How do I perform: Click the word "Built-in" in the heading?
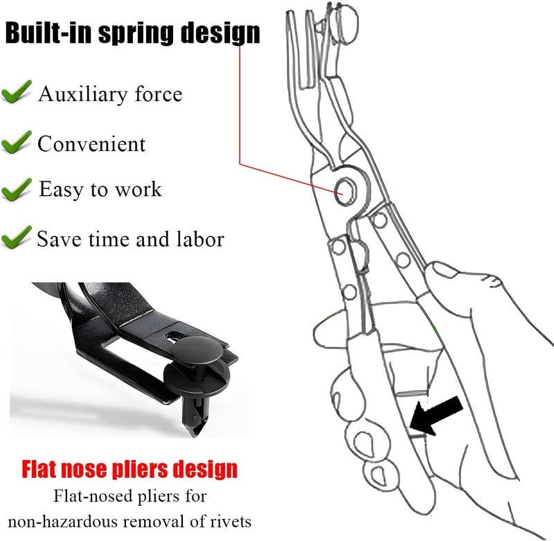click(48, 33)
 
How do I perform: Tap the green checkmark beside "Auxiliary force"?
click(16, 92)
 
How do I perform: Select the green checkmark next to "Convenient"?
click(16, 142)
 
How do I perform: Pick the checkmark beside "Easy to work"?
click(16, 190)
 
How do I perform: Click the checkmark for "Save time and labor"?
click(16, 238)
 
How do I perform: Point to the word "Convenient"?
click(91, 144)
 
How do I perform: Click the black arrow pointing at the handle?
click(436, 415)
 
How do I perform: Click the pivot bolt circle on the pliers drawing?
click(346, 191)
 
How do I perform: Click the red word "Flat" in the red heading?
click(39, 469)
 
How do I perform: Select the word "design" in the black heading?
click(221, 34)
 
